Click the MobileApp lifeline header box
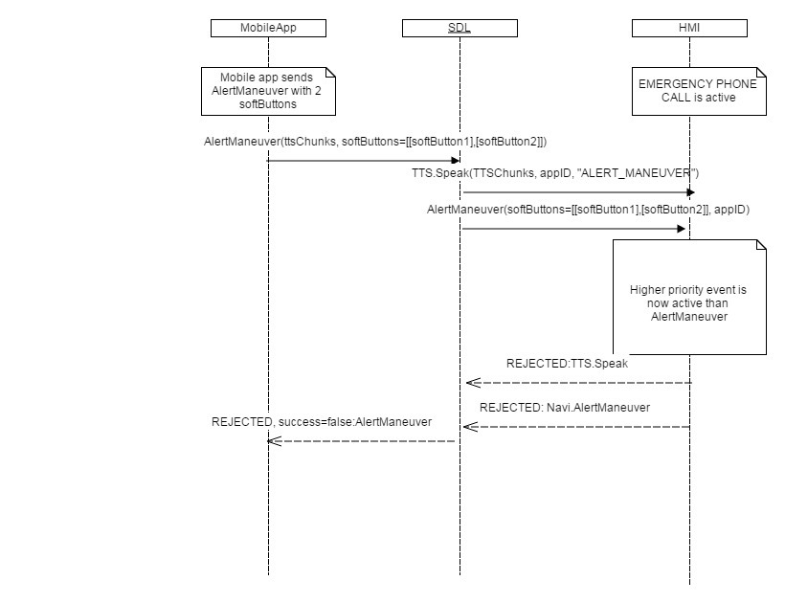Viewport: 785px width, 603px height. [268, 28]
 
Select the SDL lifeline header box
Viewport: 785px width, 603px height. [460, 28]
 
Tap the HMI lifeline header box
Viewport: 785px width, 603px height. [689, 28]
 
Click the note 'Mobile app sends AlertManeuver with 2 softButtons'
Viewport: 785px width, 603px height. [270, 90]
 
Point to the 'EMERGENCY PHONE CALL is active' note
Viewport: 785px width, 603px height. [698, 90]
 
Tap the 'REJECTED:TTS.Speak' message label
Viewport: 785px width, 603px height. [567, 364]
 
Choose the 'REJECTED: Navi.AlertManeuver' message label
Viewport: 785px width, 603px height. [565, 407]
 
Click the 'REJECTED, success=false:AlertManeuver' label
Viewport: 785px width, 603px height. [322, 421]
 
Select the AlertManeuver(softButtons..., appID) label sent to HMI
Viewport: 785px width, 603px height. [588, 209]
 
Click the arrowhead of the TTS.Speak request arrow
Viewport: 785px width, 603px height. [689, 192]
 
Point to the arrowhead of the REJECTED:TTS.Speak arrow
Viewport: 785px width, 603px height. [470, 383]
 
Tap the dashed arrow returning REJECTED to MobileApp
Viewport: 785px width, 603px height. [364, 441]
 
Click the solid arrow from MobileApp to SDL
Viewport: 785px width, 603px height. [364, 161]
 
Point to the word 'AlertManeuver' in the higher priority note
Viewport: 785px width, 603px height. [689, 316]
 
